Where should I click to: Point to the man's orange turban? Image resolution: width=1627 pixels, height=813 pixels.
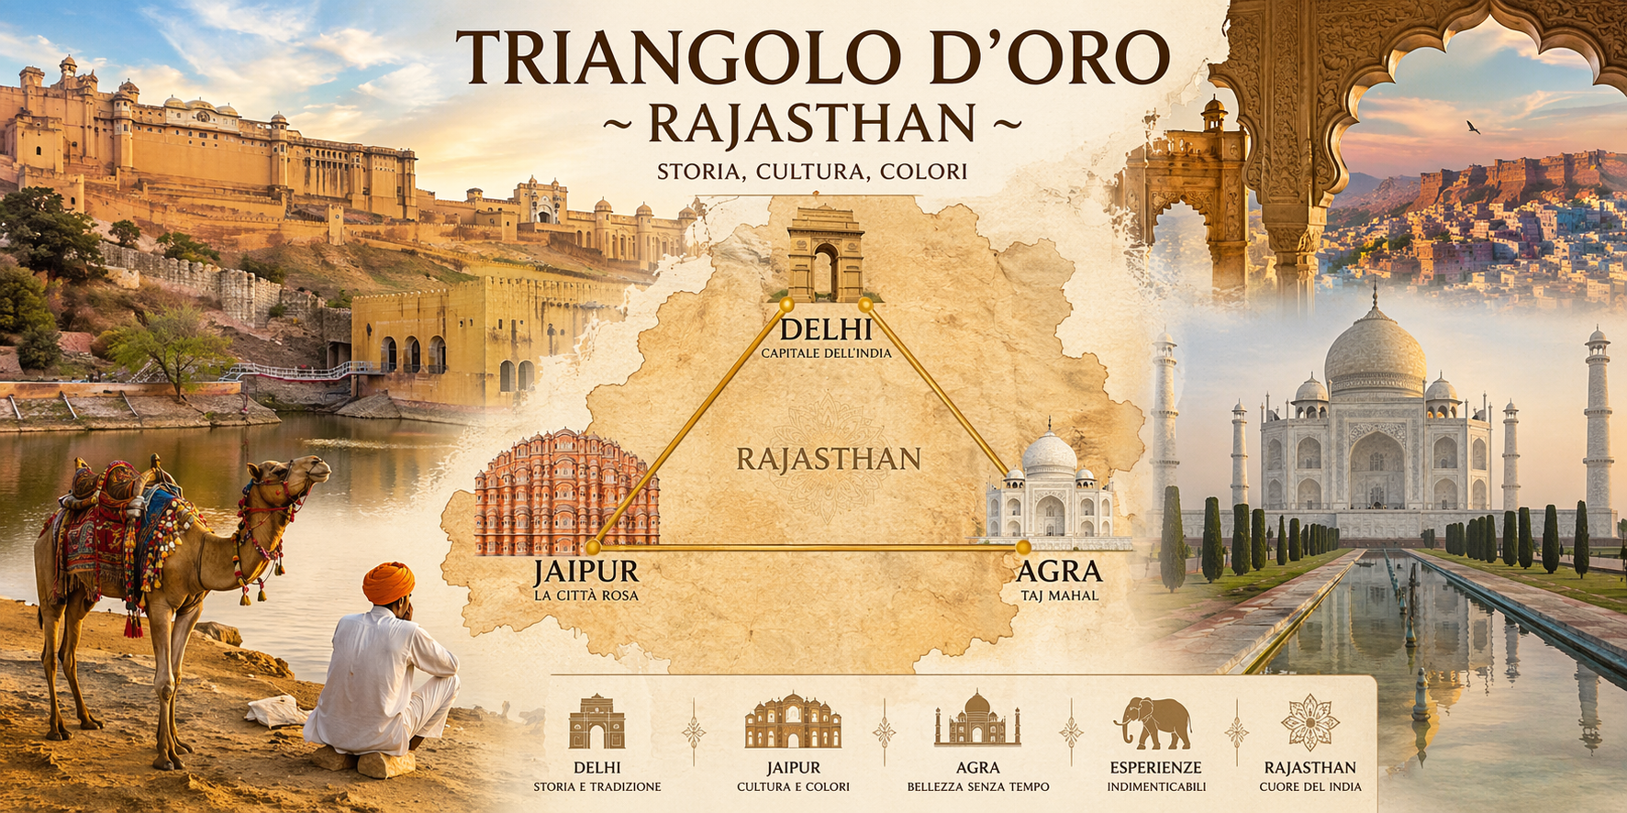388,582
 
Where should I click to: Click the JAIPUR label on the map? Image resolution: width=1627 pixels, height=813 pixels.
585,572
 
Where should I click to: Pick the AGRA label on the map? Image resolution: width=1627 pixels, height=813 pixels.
1059,572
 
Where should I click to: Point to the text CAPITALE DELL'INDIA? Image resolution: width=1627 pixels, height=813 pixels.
826,353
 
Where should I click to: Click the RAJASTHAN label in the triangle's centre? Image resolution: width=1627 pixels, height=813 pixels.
828,458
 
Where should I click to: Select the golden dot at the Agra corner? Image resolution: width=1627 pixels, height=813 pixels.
1023,548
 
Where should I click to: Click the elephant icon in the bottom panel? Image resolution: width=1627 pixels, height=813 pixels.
1153,722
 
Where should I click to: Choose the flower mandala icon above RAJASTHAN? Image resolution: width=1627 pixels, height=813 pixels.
1309,722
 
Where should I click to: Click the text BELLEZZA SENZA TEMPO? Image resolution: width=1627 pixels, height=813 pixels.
977,786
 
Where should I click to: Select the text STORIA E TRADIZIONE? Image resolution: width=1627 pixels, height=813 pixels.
596,786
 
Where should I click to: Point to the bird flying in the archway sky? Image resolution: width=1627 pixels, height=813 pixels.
1473,128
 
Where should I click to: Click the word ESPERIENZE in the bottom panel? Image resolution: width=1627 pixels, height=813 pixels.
1155,767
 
